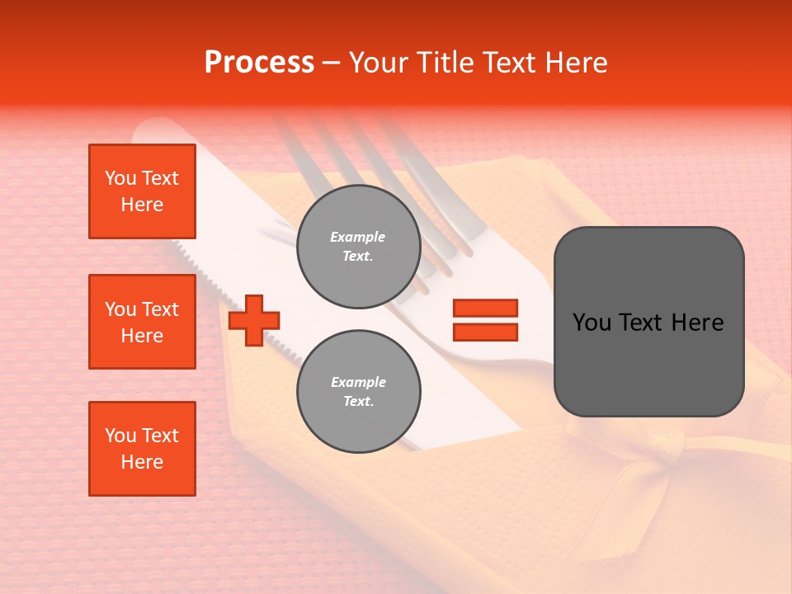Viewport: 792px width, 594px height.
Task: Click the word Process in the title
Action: pyautogui.click(x=259, y=63)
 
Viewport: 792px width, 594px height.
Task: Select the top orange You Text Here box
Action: pyautogui.click(x=142, y=191)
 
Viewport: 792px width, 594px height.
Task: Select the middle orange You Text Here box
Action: pyautogui.click(x=142, y=322)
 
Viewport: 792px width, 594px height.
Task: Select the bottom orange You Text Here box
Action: pyautogui.click(x=142, y=449)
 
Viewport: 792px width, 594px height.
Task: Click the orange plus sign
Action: pyautogui.click(x=254, y=320)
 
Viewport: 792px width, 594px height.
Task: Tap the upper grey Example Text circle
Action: pyautogui.click(x=358, y=246)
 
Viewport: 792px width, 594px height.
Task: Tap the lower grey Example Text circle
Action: pyautogui.click(x=358, y=391)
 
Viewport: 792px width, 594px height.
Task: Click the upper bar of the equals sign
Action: pyautogui.click(x=485, y=308)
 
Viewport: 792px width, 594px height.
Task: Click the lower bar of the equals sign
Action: pyautogui.click(x=485, y=332)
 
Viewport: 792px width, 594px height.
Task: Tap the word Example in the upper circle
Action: pyautogui.click(x=358, y=237)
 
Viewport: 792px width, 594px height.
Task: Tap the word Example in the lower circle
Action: pyautogui.click(x=358, y=382)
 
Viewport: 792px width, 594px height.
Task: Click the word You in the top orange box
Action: pyautogui.click(x=120, y=178)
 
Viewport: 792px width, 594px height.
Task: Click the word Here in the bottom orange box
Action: pyautogui.click(x=142, y=462)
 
